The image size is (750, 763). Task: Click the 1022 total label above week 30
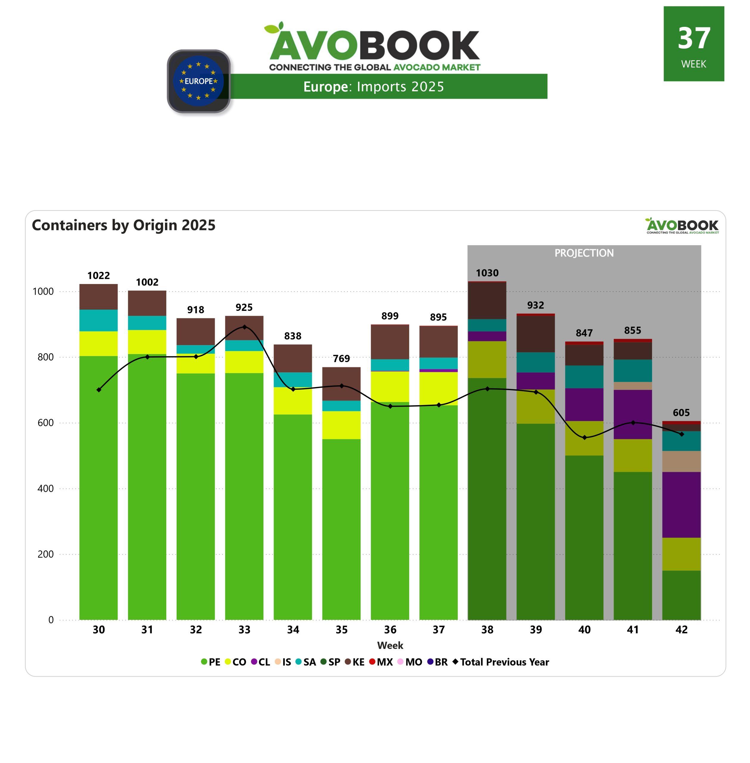coord(99,275)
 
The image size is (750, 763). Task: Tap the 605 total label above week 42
coord(681,412)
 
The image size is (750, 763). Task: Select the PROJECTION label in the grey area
coord(584,253)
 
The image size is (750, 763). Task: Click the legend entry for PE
coord(211,662)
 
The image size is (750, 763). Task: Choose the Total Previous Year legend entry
coord(501,662)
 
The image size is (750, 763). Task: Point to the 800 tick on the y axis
coord(46,357)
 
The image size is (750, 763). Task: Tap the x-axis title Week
coord(390,646)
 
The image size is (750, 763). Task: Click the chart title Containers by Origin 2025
coord(124,225)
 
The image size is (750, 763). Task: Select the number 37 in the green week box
coord(694,38)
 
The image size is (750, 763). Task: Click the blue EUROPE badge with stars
coord(199,81)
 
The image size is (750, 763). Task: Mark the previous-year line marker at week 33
coord(245,327)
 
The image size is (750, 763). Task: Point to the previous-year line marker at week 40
coord(584,438)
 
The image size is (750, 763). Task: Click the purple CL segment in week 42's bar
coord(681,505)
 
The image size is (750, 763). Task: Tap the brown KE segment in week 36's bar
coord(390,342)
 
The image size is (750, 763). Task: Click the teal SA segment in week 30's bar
coord(99,320)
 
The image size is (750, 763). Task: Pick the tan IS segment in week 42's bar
coord(681,461)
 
